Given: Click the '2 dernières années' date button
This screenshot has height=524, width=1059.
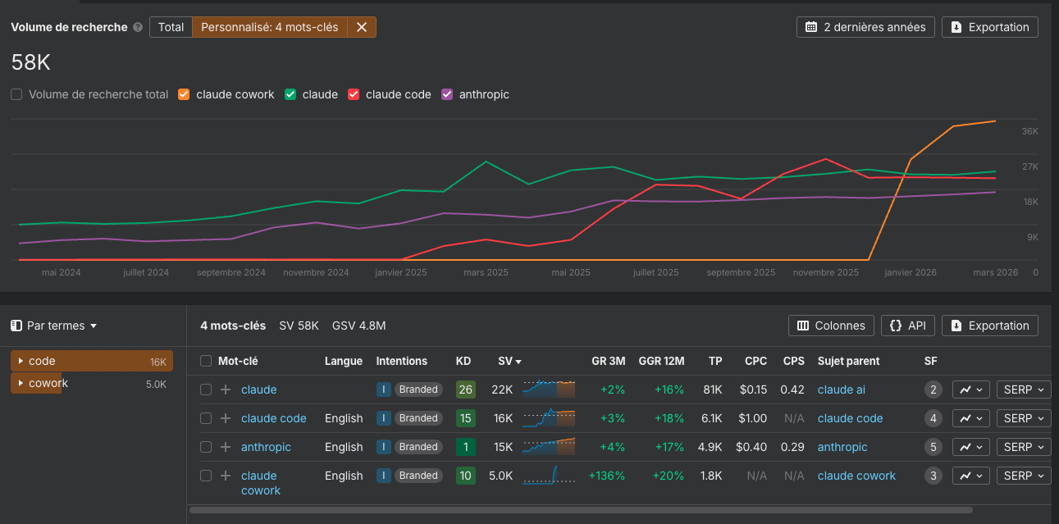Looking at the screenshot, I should tap(865, 27).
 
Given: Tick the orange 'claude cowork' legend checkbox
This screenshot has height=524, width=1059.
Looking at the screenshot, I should tap(184, 94).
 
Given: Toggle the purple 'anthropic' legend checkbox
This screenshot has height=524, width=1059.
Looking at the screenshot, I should tap(447, 94).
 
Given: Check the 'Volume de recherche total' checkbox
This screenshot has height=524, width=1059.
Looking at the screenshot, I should tap(16, 94).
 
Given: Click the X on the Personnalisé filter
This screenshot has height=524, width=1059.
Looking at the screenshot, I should tap(362, 27).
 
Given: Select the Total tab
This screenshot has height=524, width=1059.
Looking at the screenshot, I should tap(171, 27).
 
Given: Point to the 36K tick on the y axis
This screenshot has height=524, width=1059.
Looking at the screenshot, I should tap(1029, 131).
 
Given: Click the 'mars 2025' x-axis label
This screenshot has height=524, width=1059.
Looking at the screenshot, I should tap(486, 272).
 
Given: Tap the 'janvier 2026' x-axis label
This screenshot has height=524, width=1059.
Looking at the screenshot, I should tap(910, 272).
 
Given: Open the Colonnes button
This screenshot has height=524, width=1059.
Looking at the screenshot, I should tap(831, 326).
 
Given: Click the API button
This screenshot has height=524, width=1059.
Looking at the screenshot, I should tap(908, 326).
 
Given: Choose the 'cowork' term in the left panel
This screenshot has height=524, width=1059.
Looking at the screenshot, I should tap(48, 383).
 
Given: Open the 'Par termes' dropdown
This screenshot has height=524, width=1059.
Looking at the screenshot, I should tap(54, 326).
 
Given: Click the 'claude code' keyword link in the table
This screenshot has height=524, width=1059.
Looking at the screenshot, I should tap(273, 418).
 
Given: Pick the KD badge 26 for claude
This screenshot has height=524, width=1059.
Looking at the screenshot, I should tap(465, 390).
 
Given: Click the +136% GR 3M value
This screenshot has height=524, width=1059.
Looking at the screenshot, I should tap(607, 476).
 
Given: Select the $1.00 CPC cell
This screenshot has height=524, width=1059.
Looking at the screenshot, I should tap(752, 418).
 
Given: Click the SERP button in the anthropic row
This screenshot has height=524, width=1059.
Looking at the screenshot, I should tap(1023, 447).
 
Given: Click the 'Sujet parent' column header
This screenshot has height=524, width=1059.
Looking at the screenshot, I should tap(848, 361).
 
